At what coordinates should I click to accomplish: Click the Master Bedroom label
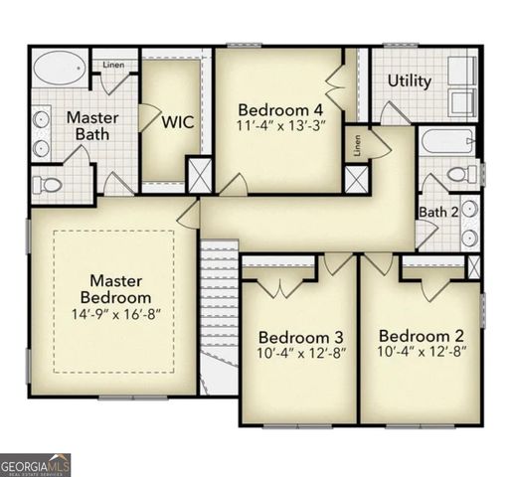(118, 288)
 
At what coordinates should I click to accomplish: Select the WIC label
(177, 122)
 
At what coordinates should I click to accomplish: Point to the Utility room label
(410, 80)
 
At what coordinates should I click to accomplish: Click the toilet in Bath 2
(460, 175)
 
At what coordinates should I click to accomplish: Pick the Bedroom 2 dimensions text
(423, 351)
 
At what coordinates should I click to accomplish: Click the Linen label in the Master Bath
(113, 66)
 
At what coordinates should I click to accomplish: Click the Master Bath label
(92, 125)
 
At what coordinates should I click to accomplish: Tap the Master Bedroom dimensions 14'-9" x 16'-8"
(118, 313)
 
